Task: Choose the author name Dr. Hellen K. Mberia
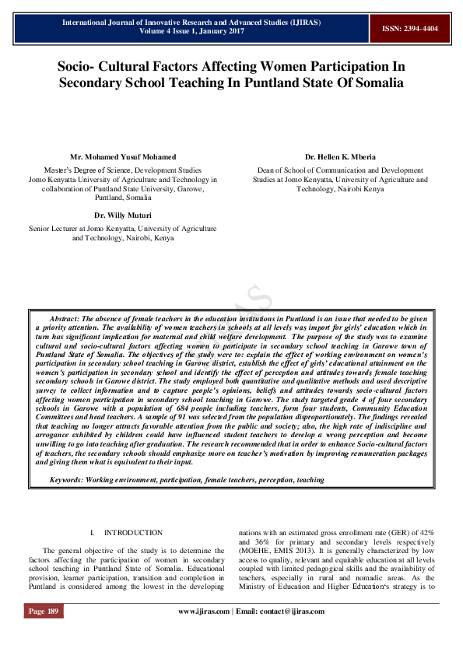pos(340,157)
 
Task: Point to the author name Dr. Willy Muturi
pos(122,214)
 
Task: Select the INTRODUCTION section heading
pos(133,533)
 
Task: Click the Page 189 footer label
pos(44,611)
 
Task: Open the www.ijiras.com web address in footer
pos(204,611)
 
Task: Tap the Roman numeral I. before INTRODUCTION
pos(93,533)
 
